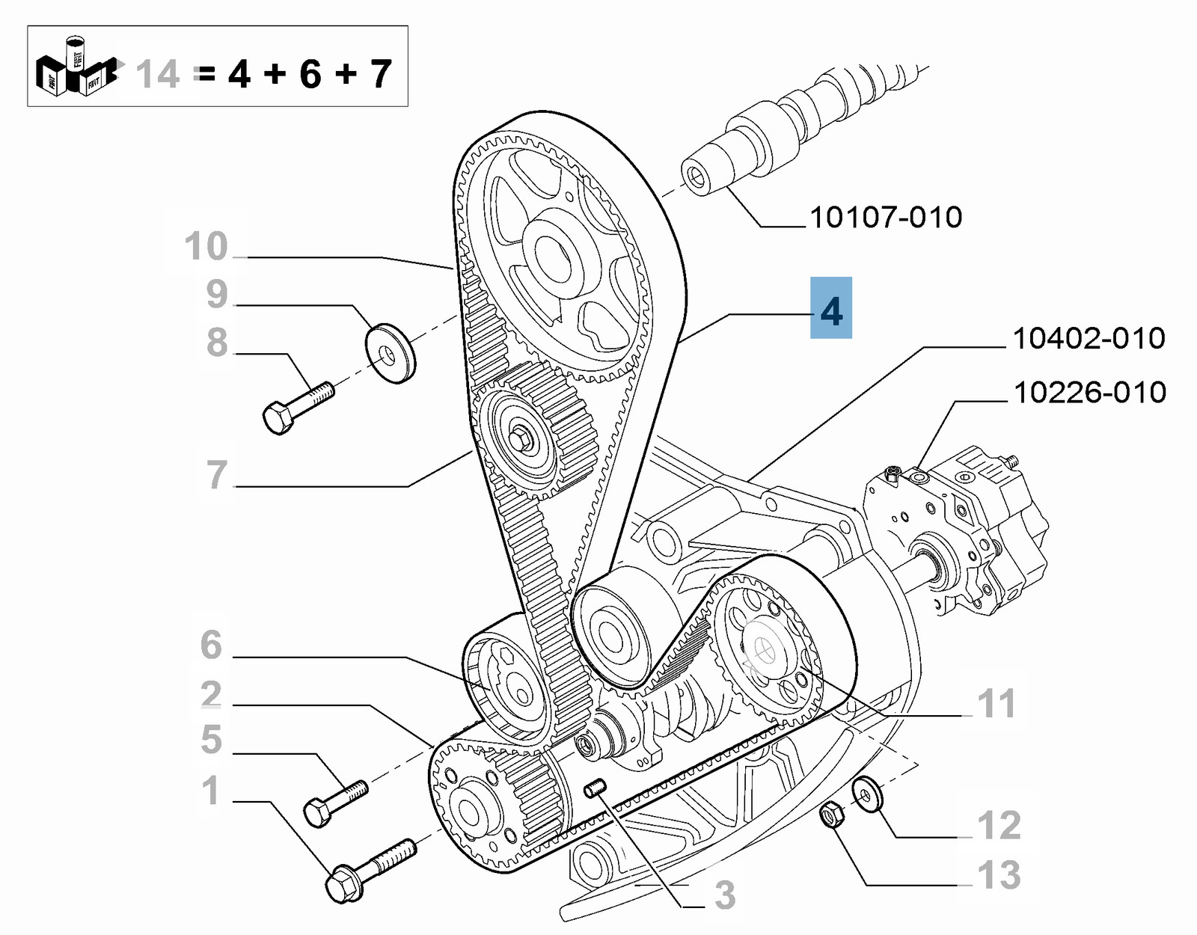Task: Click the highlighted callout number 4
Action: pos(831,309)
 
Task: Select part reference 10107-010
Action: pos(886,218)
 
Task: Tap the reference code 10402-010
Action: pos(1089,339)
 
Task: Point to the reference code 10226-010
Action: pos(1089,393)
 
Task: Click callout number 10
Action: pos(206,247)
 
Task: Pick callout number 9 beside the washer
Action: pos(217,295)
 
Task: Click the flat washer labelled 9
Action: pos(390,353)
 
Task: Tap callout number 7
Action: pos(217,475)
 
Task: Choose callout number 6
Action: pos(212,645)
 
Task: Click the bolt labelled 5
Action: pos(335,802)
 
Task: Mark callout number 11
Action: pos(997,704)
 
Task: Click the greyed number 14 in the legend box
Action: pos(158,75)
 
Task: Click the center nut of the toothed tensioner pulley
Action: pos(521,437)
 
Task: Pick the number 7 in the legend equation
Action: pos(381,74)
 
